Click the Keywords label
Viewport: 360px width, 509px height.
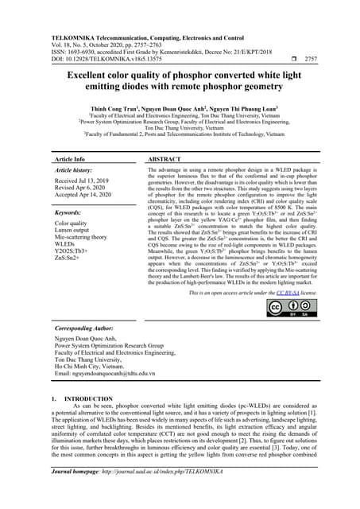(x=68, y=213)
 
